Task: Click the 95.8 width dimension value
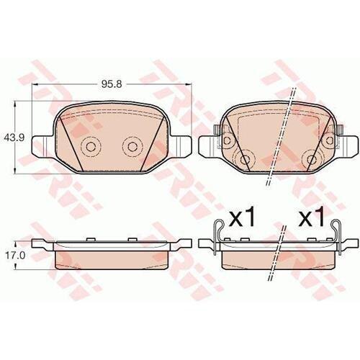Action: [x=112, y=84]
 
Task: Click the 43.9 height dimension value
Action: [x=14, y=138]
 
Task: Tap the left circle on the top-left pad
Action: [x=91, y=146]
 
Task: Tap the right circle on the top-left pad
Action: [x=132, y=146]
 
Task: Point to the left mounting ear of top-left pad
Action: [x=42, y=146]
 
